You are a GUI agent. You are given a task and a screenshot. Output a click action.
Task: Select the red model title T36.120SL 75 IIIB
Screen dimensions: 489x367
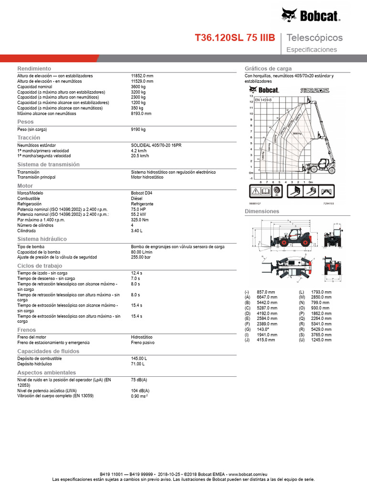point(235,38)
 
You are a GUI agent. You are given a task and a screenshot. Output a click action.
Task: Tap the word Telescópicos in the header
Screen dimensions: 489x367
point(314,38)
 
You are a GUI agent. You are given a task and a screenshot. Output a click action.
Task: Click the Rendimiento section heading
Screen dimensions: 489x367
point(34,69)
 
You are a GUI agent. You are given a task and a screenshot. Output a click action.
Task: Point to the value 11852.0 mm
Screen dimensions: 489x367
point(142,76)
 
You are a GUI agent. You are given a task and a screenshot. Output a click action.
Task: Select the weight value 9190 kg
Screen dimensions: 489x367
point(138,129)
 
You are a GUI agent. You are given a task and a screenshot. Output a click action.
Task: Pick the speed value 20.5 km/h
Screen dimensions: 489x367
point(140,156)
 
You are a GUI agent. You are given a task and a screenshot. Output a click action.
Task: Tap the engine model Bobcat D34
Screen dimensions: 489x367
point(142,193)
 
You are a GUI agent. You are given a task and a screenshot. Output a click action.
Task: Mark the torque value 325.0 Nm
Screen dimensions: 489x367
point(140,220)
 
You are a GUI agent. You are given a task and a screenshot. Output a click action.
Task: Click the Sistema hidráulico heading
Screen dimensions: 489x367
point(42,239)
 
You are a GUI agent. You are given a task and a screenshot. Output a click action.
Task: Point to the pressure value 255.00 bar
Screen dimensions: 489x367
point(141,257)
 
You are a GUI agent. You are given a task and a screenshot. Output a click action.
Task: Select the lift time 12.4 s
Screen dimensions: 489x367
point(137,273)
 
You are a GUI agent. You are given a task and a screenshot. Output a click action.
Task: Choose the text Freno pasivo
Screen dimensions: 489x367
point(142,342)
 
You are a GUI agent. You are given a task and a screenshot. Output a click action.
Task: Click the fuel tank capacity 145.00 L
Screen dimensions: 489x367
point(139,358)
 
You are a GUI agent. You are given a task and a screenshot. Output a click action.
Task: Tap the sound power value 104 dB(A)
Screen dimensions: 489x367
point(140,391)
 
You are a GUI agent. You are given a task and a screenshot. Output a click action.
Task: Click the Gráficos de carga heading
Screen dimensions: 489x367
point(268,69)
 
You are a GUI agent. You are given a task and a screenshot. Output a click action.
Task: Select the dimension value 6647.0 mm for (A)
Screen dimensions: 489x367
point(266,297)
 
